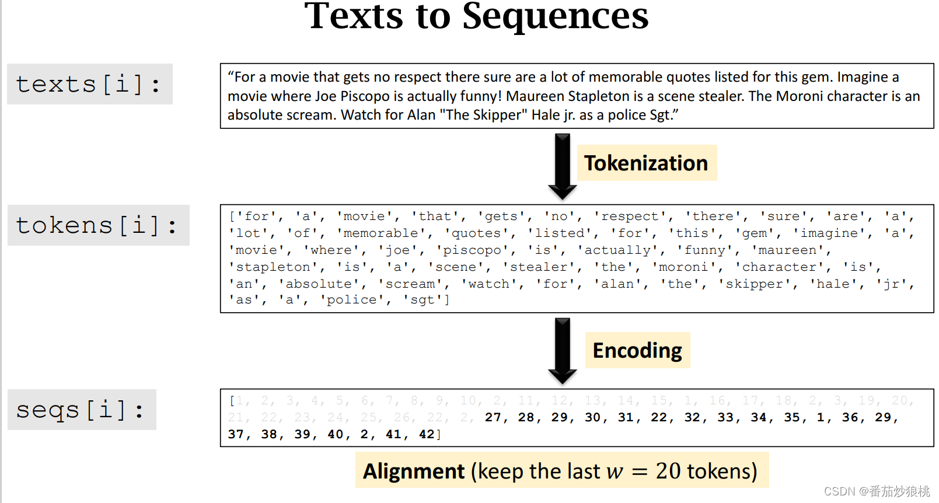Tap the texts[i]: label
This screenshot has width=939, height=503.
pos(89,84)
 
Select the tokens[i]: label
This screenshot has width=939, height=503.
pos(97,225)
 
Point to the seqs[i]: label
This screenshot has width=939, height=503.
pos(81,410)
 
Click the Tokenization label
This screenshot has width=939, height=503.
pos(646,163)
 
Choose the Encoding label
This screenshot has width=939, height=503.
pos(637,350)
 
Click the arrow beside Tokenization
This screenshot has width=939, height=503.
pos(562,167)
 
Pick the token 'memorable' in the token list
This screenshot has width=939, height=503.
pos(381,233)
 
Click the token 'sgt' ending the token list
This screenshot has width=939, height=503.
pos(423,300)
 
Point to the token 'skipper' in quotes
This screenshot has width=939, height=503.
pos(755,284)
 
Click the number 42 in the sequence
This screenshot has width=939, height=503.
pos(427,434)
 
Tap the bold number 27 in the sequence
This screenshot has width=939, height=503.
pos(493,417)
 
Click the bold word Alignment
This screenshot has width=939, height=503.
pos(414,471)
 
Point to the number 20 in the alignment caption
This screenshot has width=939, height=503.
pos(668,471)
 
